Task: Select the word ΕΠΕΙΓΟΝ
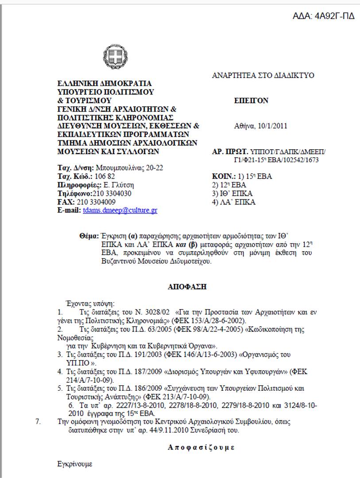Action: tap(251, 101)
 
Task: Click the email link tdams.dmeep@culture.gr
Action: tap(120, 210)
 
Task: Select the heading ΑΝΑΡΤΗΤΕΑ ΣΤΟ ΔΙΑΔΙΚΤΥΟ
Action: tap(263, 76)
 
